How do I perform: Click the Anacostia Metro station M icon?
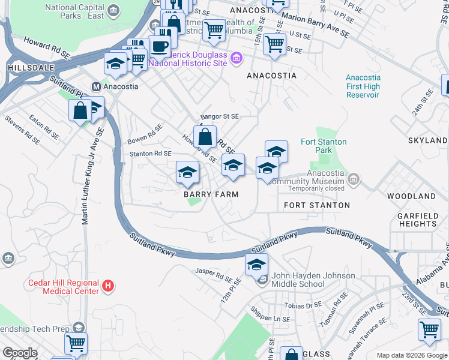coord(95,86)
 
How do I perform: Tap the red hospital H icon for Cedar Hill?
coord(108,287)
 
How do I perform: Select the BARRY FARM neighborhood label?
coord(211,194)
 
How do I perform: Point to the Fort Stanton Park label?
coord(324,146)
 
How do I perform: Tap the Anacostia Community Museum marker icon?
coord(354,179)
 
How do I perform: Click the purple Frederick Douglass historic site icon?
coord(236,58)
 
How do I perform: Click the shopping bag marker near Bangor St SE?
coord(205,136)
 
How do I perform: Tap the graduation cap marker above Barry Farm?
coord(187,172)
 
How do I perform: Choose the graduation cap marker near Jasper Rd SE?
coord(256,264)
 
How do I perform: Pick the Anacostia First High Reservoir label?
coord(363,86)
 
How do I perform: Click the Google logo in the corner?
coord(20,353)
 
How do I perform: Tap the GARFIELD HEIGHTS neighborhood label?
coord(417,220)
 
